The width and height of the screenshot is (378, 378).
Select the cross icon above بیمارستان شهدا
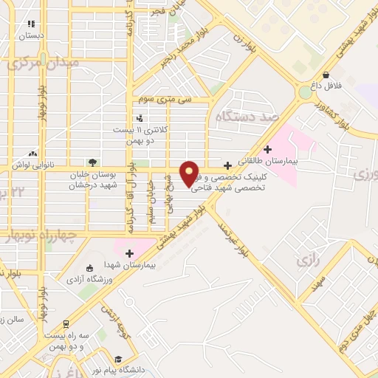tap(130, 253)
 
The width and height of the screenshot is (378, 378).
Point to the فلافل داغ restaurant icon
tap(326, 75)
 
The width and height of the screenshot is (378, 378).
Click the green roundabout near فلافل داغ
tap(304, 92)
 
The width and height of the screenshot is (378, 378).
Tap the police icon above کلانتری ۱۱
tap(140, 117)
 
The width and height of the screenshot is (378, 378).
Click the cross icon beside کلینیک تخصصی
tap(227, 165)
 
